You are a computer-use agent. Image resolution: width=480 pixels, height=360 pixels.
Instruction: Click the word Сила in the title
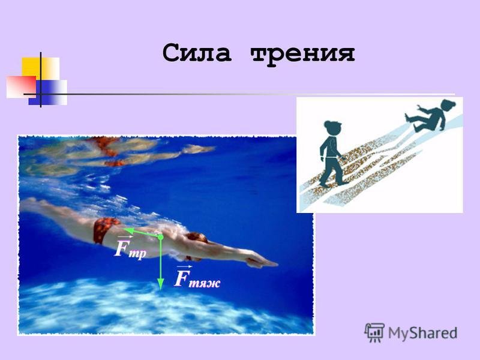(197, 53)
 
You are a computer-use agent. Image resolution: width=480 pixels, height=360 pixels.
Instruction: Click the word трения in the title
(302, 54)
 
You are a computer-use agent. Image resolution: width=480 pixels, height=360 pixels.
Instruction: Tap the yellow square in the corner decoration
(40, 68)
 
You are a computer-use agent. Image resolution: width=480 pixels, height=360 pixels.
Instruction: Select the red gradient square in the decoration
(21, 87)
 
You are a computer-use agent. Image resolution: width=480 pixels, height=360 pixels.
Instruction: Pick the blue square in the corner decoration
(48, 92)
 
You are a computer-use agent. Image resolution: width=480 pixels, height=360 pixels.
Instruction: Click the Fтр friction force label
(130, 248)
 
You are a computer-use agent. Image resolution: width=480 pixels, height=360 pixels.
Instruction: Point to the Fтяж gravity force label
(197, 277)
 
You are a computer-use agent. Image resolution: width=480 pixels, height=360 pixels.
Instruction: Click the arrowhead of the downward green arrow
(160, 284)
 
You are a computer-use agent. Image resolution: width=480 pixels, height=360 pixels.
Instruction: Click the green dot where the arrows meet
(160, 237)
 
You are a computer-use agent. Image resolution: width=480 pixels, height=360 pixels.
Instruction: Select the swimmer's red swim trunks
(104, 229)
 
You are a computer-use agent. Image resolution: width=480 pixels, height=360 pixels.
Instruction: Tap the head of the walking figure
(333, 127)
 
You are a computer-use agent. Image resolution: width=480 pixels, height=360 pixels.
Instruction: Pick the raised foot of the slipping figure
(407, 116)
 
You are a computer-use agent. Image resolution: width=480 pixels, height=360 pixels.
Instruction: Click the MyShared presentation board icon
(374, 332)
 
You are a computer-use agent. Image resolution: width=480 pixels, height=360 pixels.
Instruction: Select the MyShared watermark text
(422, 333)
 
